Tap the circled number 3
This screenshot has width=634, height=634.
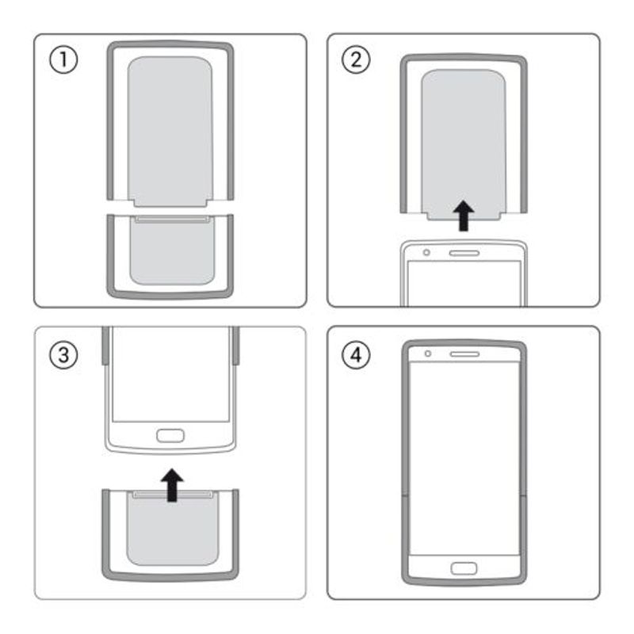63,355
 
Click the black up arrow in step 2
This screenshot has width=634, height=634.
464,215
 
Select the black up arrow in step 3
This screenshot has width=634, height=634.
170,484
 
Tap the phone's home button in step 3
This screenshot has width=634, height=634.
170,435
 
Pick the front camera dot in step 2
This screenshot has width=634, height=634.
427,253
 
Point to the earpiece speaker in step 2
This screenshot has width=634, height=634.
464,253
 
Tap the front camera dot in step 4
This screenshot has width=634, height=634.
427,353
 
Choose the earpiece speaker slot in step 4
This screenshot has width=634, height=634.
464,353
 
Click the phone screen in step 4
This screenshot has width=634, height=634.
464,460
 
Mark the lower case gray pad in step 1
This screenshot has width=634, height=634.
170,254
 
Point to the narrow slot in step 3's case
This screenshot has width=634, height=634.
170,495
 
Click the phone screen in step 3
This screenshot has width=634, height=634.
170,372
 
